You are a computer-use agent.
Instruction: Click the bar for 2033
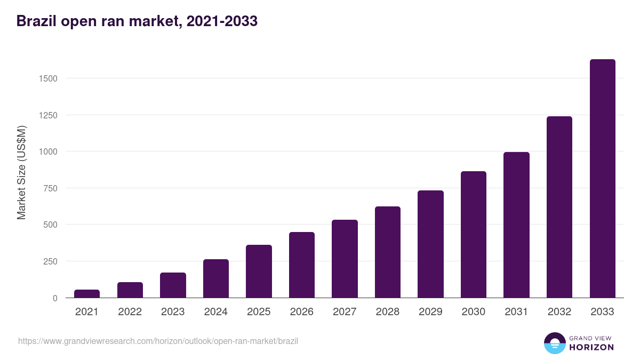pyautogui.click(x=602, y=179)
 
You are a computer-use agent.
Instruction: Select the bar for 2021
pyautogui.click(x=87, y=294)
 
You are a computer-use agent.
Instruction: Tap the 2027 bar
pyautogui.click(x=345, y=259)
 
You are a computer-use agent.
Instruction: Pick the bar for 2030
pyautogui.click(x=474, y=235)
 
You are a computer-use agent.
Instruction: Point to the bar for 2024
pyautogui.click(x=216, y=278)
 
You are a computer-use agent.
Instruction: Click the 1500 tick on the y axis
pyautogui.click(x=47, y=78)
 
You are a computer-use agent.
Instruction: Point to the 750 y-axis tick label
pyautogui.click(x=50, y=188)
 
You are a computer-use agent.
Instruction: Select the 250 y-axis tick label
pyautogui.click(x=50, y=261)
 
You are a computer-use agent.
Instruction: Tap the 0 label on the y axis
pyautogui.click(x=54, y=298)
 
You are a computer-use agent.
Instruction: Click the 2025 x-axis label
pyautogui.click(x=259, y=312)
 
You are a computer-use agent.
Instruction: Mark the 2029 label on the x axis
pyautogui.click(x=430, y=312)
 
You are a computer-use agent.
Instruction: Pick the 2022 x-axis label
pyautogui.click(x=130, y=312)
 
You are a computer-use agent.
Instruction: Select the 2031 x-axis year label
pyautogui.click(x=516, y=312)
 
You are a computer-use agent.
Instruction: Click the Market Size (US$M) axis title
pyautogui.click(x=21, y=172)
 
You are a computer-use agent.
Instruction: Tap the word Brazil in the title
pyautogui.click(x=36, y=21)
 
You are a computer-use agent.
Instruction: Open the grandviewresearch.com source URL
pyautogui.click(x=158, y=341)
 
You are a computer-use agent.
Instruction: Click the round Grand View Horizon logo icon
pyautogui.click(x=554, y=343)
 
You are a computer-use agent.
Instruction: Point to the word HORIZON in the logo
pyautogui.click(x=591, y=347)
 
